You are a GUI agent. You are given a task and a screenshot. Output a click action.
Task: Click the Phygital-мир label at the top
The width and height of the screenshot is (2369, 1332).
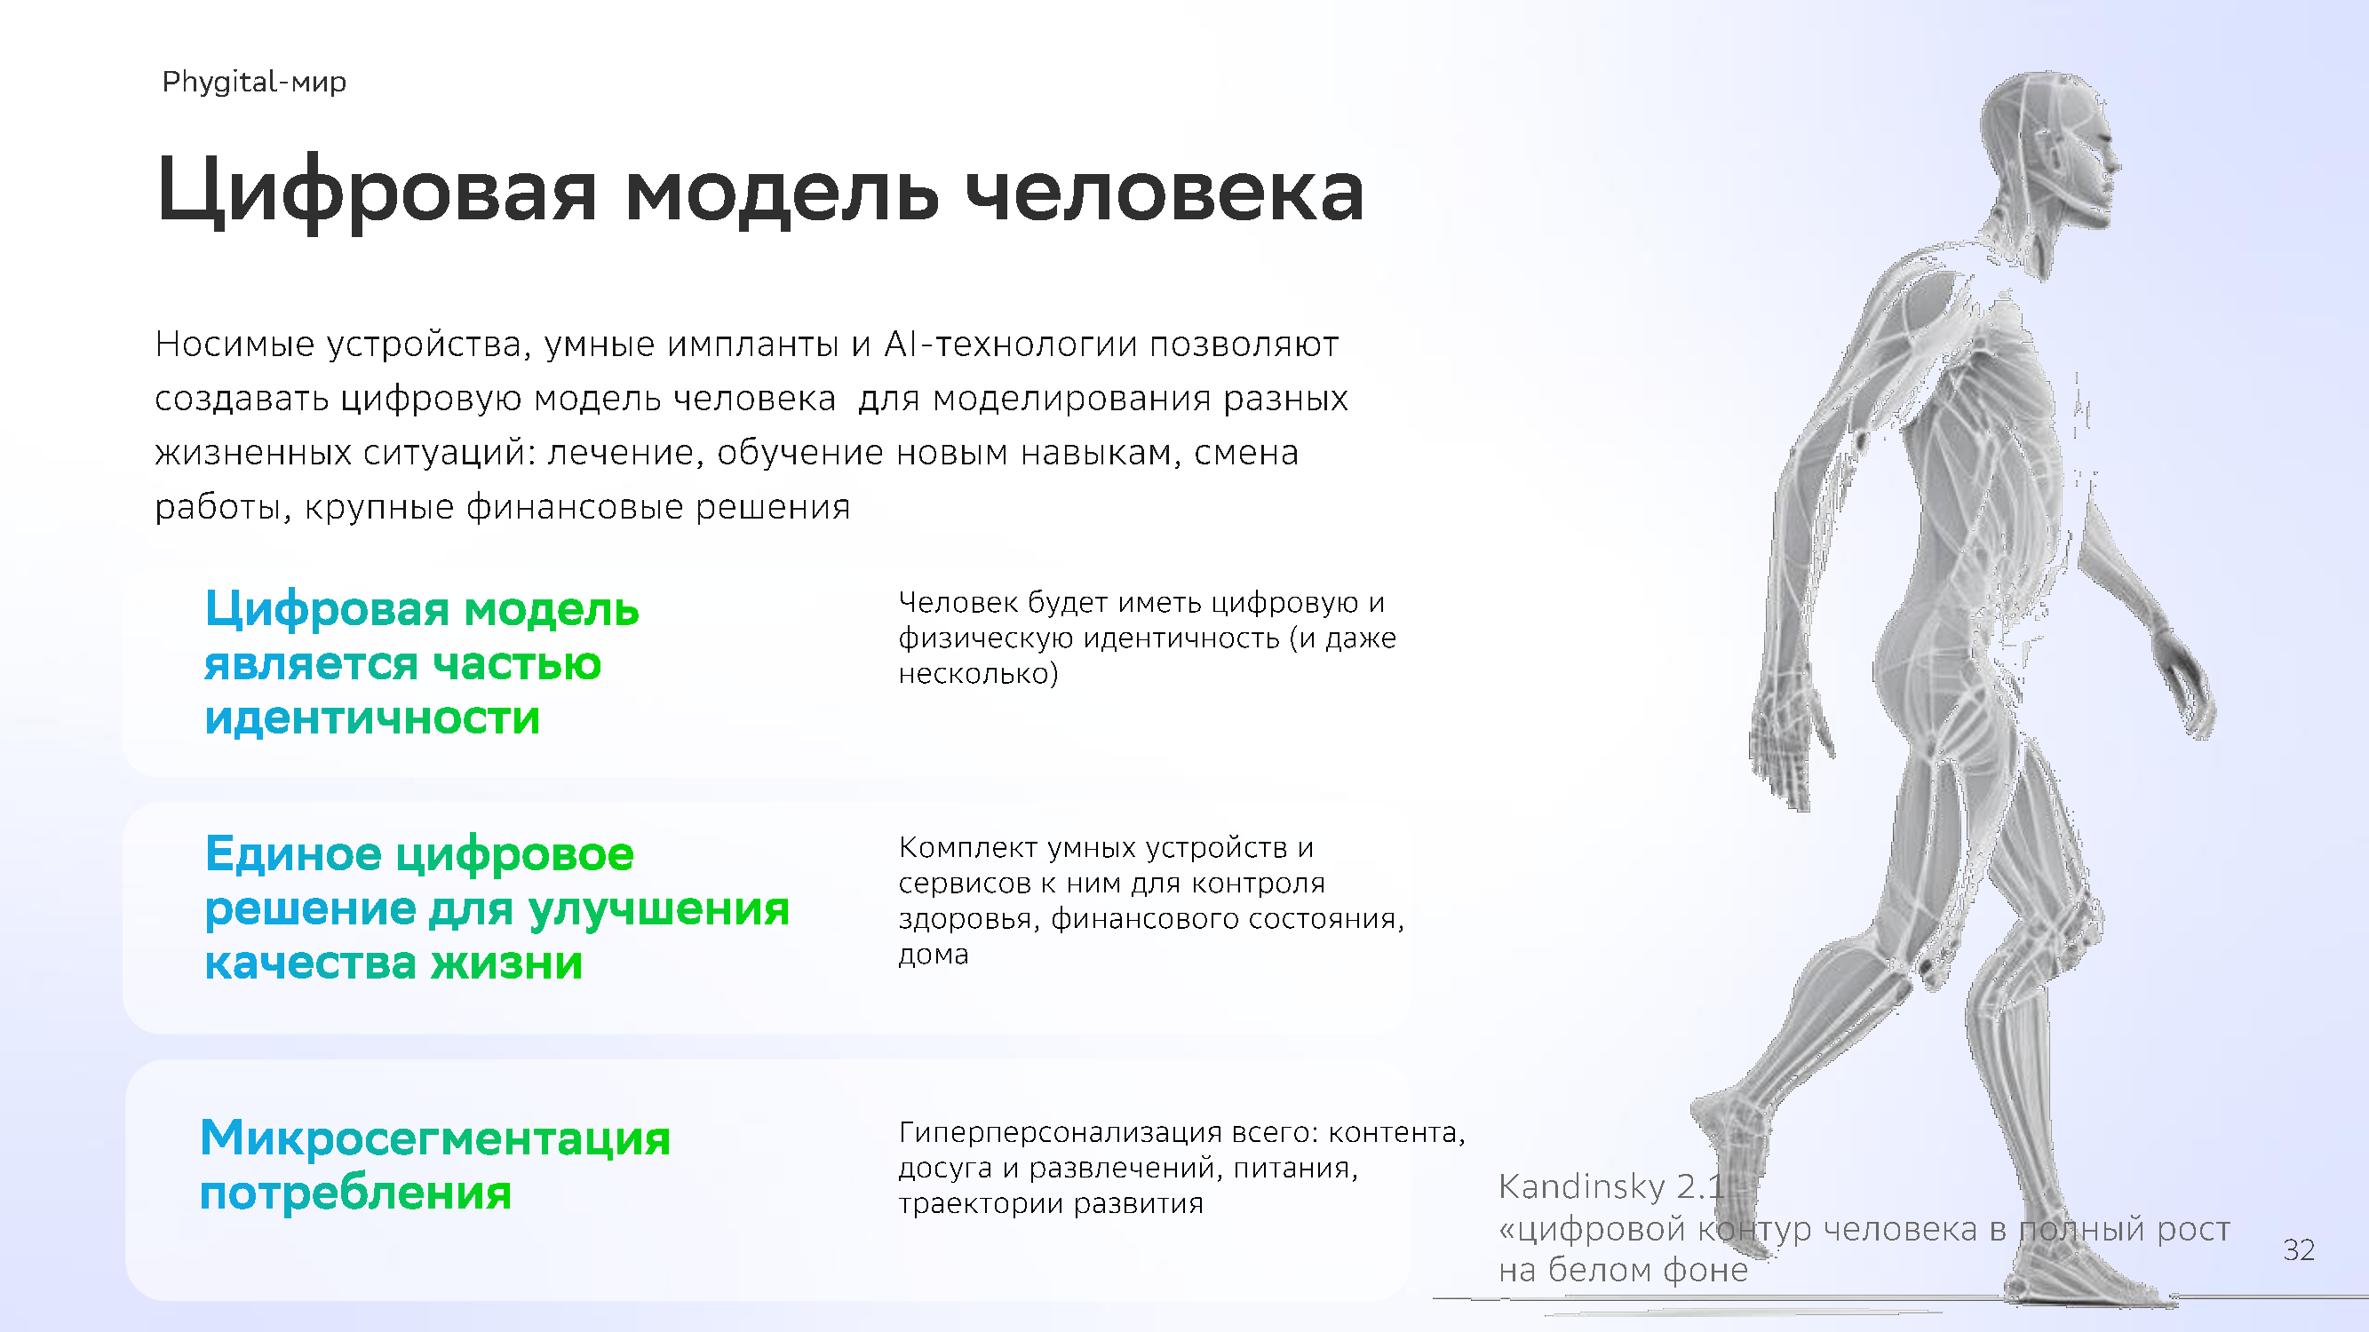[x=254, y=83]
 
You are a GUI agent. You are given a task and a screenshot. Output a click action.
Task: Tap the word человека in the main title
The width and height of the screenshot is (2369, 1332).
[x=1165, y=192]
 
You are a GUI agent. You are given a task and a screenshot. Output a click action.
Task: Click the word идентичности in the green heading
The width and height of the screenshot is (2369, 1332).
[x=372, y=717]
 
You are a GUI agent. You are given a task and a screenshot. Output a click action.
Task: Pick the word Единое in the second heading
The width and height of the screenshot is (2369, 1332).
[x=293, y=854]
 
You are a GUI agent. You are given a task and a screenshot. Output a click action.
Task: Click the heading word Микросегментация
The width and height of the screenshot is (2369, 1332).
[x=435, y=1138]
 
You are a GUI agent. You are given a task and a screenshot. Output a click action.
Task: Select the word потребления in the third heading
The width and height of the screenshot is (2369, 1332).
[x=355, y=1193]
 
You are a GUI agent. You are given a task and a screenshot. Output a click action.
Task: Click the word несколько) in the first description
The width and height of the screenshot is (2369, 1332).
[x=979, y=674]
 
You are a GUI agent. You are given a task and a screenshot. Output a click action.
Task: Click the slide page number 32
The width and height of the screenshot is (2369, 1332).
[x=2299, y=1250]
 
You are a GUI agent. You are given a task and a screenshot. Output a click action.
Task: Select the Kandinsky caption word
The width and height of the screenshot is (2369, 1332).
[x=1582, y=1185]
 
